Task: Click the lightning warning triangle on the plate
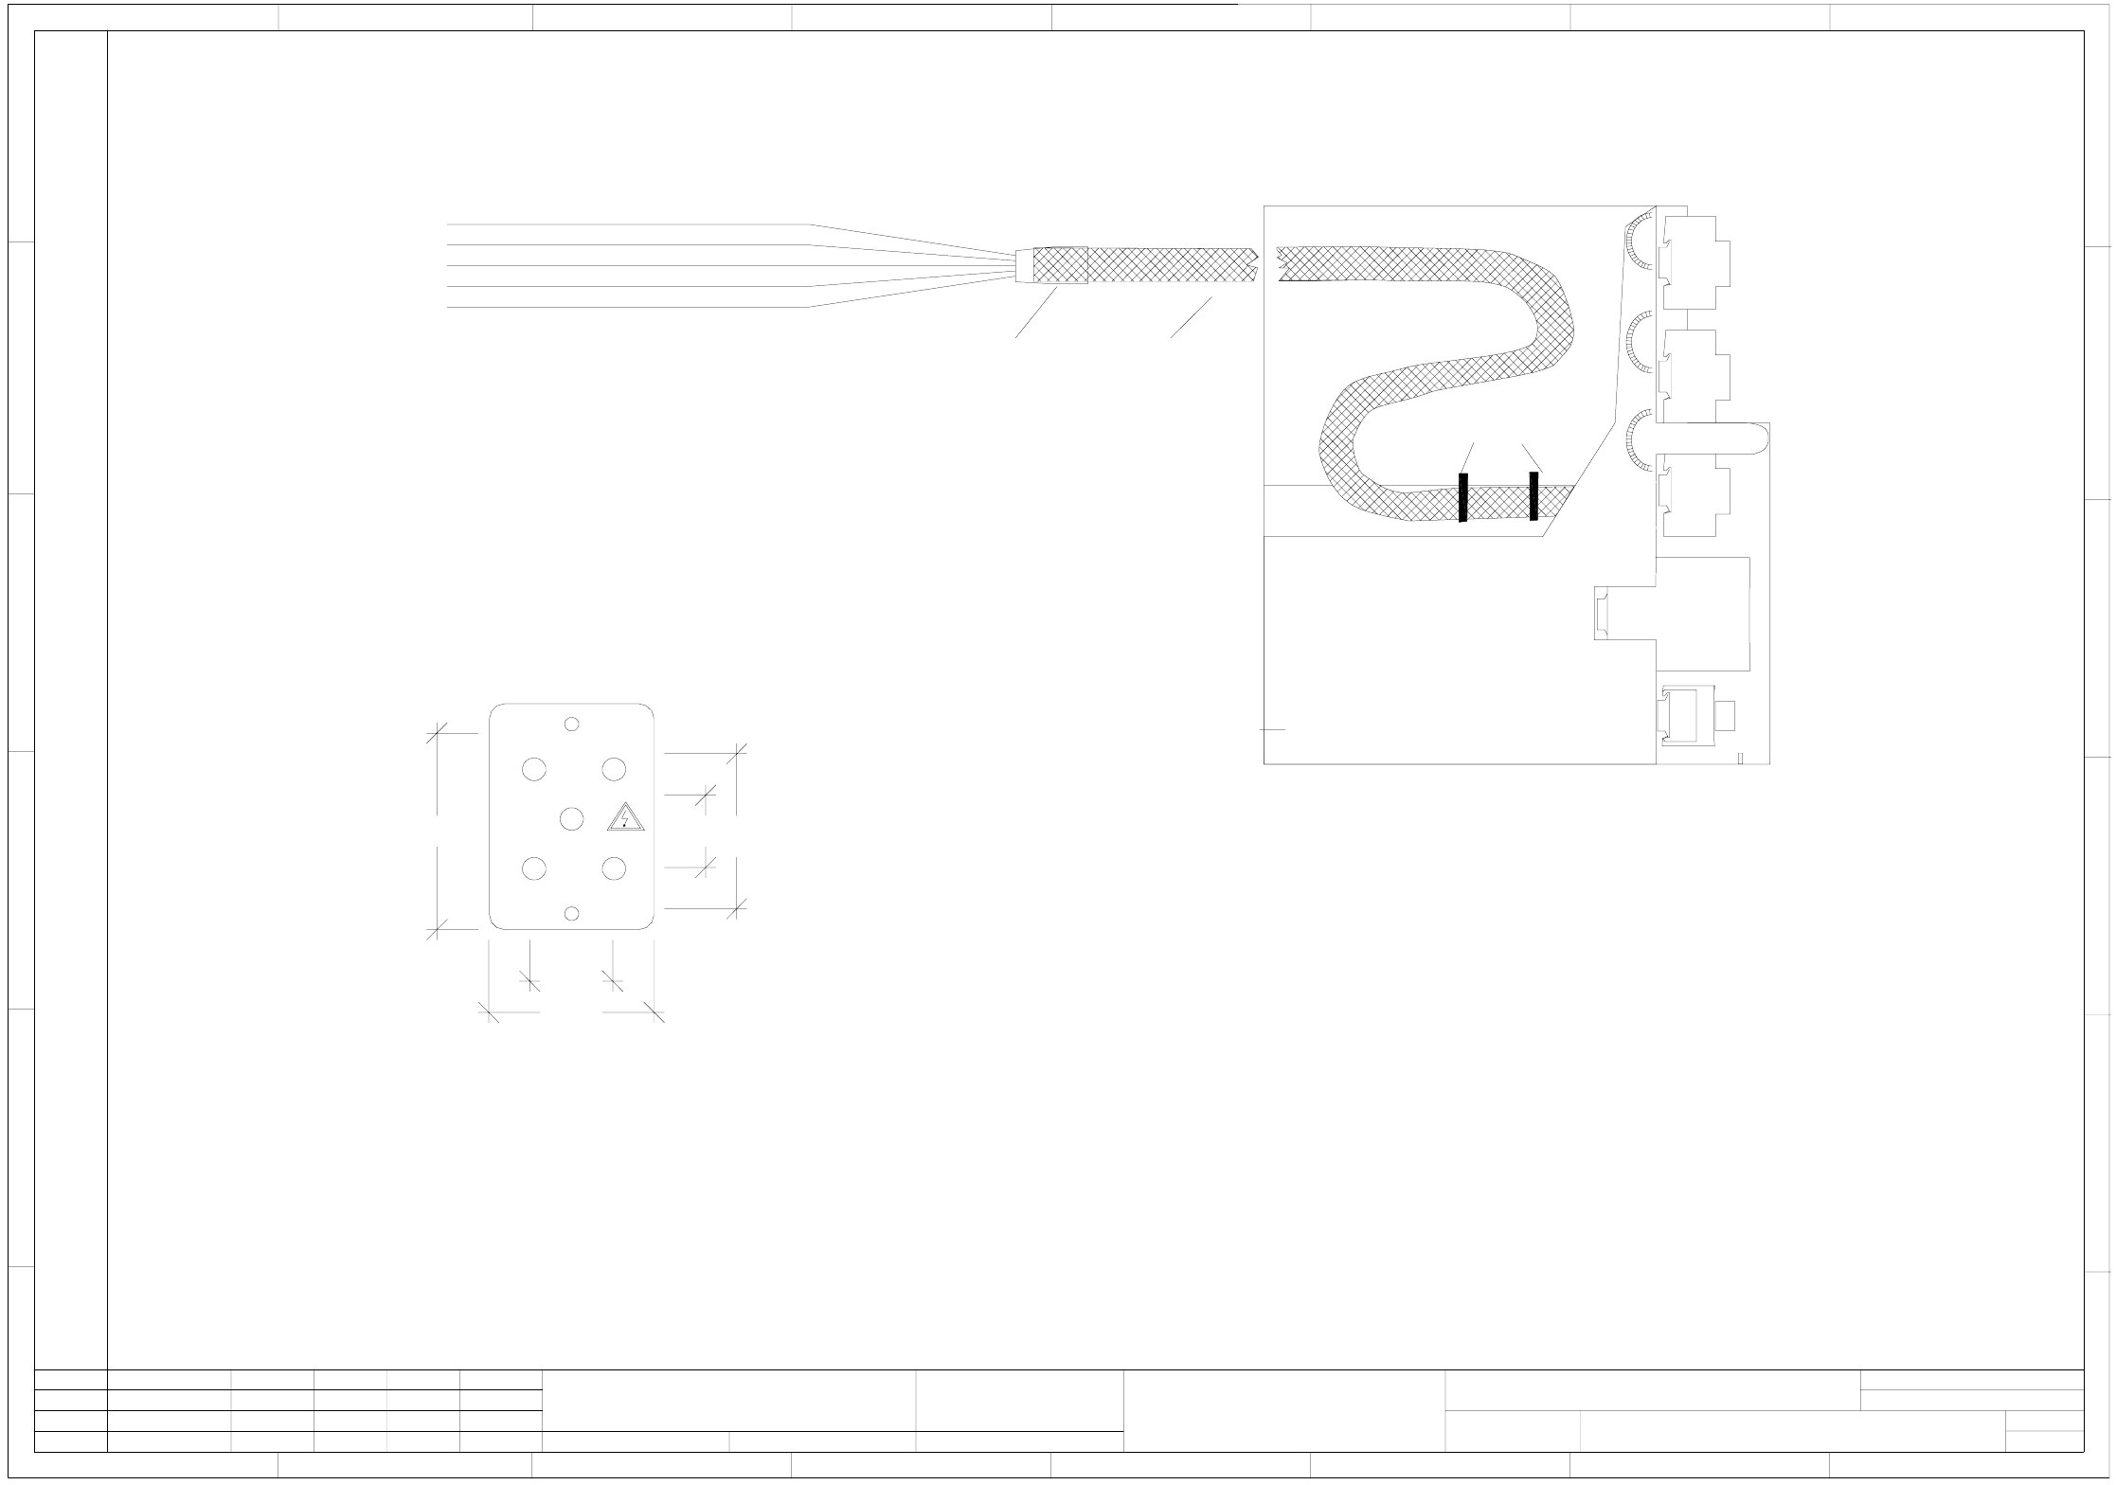(x=625, y=818)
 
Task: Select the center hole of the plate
(x=571, y=818)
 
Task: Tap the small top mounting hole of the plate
(x=571, y=725)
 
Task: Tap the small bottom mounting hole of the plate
(x=571, y=913)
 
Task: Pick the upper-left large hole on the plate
(x=534, y=769)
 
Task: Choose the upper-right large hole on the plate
(x=614, y=769)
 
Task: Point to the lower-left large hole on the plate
(x=534, y=868)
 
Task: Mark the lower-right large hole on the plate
(x=614, y=868)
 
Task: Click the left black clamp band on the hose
(x=1462, y=497)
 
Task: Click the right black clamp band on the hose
(x=1533, y=496)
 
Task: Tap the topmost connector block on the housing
(x=1695, y=262)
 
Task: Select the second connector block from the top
(x=1695, y=376)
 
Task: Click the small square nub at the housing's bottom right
(x=1725, y=715)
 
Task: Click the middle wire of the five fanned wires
(x=625, y=266)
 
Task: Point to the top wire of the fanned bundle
(x=625, y=224)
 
